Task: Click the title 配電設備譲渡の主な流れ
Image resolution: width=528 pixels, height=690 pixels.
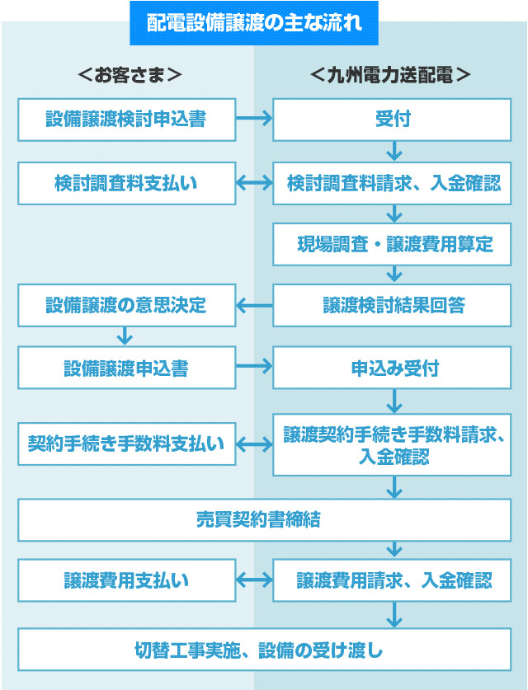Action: point(253,22)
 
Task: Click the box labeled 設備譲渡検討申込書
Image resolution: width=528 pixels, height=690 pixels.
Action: point(126,120)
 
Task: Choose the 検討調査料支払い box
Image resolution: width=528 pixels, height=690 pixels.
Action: point(126,183)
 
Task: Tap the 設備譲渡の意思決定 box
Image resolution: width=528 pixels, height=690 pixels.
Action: point(126,305)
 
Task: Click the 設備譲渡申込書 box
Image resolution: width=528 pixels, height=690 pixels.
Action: point(126,368)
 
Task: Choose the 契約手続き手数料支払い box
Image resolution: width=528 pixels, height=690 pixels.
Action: point(126,444)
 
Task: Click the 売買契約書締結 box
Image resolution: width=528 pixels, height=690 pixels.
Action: point(264,519)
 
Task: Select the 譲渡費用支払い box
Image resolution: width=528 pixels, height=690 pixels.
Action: point(126,580)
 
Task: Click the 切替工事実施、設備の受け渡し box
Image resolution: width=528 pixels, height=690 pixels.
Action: point(264,650)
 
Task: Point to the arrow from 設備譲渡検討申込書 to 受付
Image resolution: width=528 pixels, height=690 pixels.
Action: point(254,120)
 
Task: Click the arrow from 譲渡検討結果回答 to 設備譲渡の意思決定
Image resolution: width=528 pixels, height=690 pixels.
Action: point(254,306)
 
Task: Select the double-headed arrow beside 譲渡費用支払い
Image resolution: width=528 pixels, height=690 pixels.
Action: point(254,580)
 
